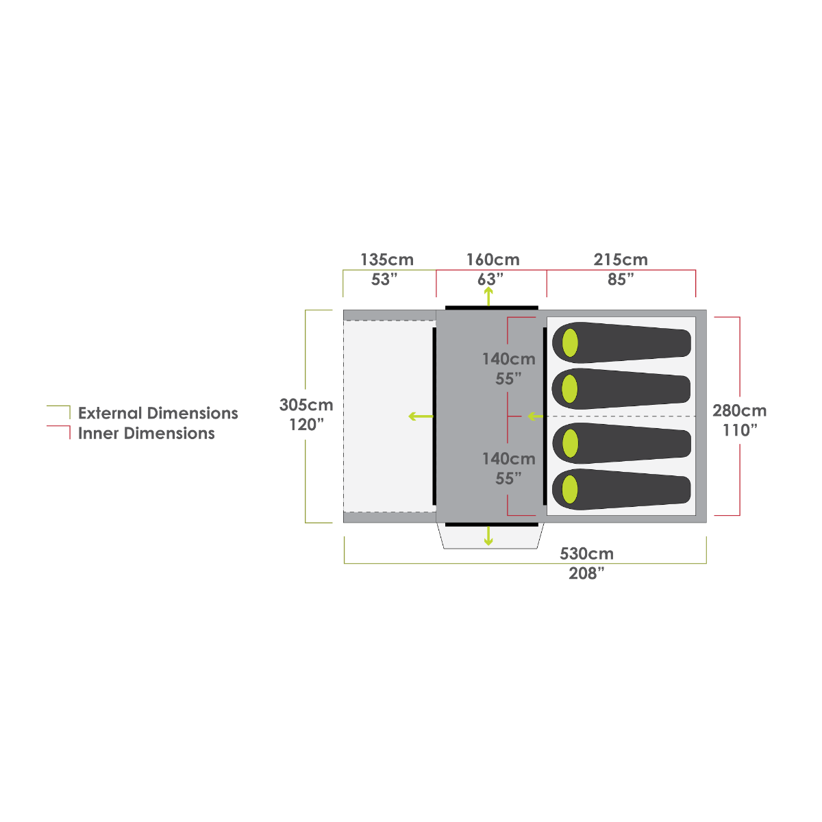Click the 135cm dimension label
(x=387, y=260)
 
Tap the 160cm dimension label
(x=493, y=260)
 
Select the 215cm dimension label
(x=621, y=260)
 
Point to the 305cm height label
(x=306, y=405)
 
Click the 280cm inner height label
(x=739, y=411)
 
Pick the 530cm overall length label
(x=586, y=553)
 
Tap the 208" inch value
(x=586, y=574)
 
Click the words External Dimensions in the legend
(x=158, y=413)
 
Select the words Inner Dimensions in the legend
(x=147, y=434)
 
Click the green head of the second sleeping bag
(x=569, y=389)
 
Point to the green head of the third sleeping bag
(x=569, y=443)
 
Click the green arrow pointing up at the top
(x=488, y=296)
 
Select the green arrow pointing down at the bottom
(x=488, y=536)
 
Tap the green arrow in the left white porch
(x=421, y=416)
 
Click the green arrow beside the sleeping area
(x=534, y=416)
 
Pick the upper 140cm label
(x=508, y=359)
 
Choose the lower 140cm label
(x=508, y=459)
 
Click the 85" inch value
(x=621, y=279)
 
